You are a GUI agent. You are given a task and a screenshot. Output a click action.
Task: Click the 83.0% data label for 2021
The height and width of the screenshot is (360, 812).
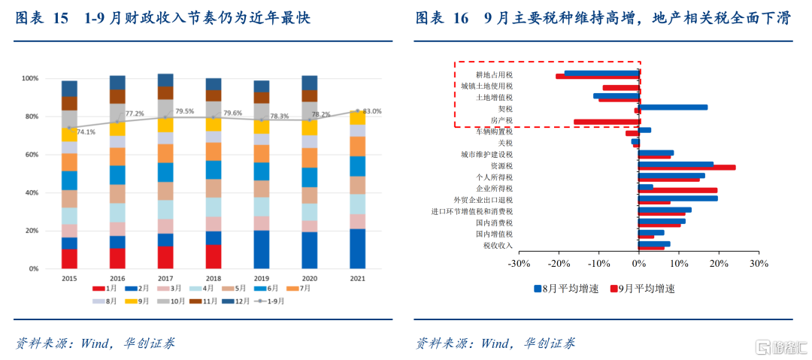372,111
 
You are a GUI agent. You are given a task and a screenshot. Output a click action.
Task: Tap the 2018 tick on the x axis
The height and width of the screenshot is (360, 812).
214,278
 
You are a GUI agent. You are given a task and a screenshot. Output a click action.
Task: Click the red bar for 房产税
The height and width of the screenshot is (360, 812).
607,122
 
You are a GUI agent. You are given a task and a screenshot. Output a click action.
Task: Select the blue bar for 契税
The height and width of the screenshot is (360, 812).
673,107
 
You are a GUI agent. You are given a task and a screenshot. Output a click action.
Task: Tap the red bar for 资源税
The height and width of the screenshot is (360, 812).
687,168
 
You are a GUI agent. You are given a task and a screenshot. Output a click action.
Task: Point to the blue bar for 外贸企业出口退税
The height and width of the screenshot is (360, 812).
678,198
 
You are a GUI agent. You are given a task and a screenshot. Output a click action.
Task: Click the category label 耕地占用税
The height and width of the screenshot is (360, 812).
494,75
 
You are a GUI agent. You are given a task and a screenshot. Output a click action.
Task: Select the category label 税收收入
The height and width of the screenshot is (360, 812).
498,246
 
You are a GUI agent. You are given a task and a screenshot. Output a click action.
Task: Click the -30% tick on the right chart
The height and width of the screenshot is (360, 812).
519,264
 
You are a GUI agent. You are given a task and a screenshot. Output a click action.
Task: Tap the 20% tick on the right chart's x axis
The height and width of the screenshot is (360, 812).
718,264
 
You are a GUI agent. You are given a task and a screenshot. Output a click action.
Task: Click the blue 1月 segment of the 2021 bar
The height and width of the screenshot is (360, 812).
357,249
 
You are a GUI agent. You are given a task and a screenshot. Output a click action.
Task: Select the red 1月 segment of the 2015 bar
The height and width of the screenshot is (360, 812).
70,259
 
